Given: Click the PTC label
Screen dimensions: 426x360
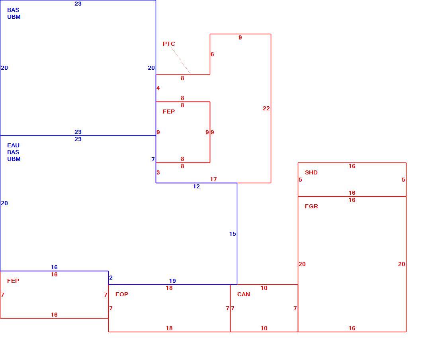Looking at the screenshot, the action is point(169,44).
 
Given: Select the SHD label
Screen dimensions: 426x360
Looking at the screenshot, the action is point(311,172).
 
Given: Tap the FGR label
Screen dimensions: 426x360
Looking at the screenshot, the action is point(311,206).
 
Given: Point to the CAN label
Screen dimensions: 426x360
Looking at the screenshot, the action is point(243,294).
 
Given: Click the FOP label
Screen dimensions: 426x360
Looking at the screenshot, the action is point(122,294).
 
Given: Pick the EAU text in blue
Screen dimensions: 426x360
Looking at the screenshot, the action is point(13,145).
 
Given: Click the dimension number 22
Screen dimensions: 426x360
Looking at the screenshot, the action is point(266,108).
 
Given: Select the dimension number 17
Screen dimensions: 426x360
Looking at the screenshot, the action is point(213,179).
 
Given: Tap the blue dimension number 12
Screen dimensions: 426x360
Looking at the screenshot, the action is point(196,186).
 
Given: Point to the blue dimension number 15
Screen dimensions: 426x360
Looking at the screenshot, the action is point(233,234).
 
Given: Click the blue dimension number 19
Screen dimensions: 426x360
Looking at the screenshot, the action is point(172,281).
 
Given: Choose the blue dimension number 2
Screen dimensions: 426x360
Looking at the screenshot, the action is point(111,278).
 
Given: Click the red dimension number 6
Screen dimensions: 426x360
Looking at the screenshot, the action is point(212,54).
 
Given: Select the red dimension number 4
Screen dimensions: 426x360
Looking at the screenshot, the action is point(158,88).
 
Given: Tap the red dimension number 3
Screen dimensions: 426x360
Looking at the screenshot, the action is point(158,172).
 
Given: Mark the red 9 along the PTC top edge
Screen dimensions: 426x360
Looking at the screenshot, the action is point(240,37).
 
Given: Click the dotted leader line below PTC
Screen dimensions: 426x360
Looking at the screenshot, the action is point(181,61).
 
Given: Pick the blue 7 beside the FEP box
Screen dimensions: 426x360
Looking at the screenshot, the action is point(153,159).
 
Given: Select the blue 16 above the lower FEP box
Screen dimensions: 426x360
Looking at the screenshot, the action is point(54,267).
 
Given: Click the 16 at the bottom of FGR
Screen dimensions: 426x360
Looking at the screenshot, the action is point(352,328).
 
